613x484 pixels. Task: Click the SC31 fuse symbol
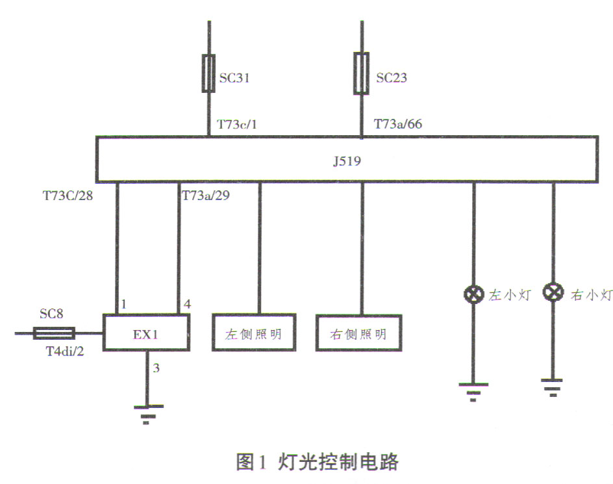pos(209,73)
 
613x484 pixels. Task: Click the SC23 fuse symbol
pos(362,73)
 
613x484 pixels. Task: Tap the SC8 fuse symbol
pos(54,333)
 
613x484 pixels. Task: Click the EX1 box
pos(147,333)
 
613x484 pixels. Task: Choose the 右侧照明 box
pos(358,333)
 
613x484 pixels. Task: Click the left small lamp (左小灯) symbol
pos(472,294)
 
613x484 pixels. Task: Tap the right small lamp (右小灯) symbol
pos(553,293)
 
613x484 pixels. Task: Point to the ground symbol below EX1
pos(148,413)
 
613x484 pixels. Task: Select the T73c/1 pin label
pos(235,124)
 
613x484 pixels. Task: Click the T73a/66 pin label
pos(398,123)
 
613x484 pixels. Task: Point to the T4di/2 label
pos(61,351)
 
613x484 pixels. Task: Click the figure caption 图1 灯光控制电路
pos(316,463)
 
